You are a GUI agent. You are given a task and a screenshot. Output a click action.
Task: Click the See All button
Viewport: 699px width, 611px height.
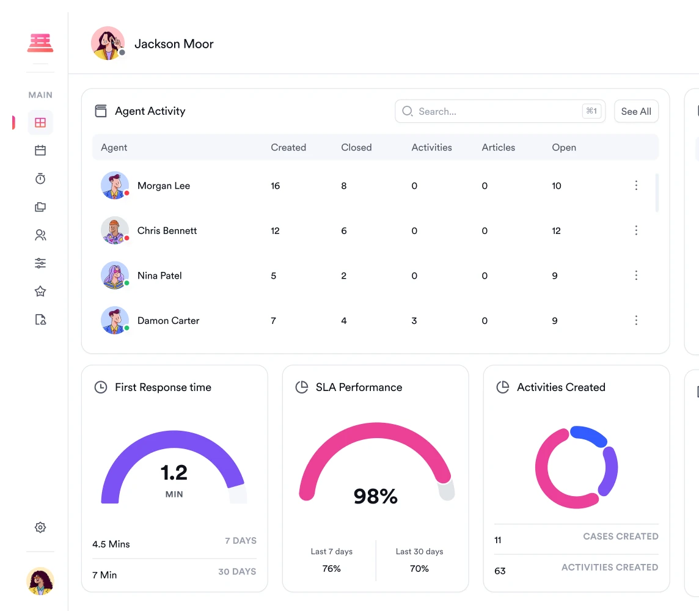[636, 111]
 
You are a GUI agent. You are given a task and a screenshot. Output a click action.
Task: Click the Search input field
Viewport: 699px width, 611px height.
[489, 111]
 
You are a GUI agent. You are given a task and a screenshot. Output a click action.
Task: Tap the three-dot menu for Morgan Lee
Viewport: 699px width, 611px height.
[636, 186]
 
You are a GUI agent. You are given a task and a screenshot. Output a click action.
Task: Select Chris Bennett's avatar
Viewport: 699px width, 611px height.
[115, 231]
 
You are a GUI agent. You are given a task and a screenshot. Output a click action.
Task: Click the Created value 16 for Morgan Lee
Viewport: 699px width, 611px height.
[276, 186]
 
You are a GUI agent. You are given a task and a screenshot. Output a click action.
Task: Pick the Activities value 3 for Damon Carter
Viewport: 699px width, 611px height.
[414, 321]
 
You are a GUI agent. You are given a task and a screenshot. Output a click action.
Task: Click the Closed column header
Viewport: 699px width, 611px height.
[356, 147]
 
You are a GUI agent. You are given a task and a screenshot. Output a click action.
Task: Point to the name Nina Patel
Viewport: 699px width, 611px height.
[159, 276]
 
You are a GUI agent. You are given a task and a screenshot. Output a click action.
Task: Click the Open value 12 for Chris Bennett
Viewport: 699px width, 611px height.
[556, 231]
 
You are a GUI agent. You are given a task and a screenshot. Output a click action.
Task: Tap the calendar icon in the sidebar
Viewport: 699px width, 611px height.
[40, 150]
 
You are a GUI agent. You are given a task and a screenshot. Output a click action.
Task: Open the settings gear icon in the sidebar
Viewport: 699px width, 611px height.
[40, 527]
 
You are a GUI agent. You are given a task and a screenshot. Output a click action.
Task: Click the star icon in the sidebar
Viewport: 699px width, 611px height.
[40, 291]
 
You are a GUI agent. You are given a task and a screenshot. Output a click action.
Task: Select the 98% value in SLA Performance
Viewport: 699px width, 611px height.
[375, 496]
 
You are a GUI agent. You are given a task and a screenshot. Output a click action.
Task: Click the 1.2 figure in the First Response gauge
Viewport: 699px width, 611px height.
[174, 472]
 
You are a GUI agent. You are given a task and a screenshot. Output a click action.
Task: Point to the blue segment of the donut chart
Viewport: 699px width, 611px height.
[588, 435]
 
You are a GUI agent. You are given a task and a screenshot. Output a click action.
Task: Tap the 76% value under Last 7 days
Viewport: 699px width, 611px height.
[331, 569]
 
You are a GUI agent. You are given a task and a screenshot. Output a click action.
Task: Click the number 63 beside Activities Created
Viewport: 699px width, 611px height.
[500, 571]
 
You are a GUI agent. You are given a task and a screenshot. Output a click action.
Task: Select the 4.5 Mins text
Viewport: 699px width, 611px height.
[111, 544]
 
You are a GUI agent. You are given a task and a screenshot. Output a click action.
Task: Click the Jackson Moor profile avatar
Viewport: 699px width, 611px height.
[108, 43]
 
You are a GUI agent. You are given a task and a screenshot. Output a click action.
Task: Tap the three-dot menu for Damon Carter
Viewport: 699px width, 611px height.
[636, 321]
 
